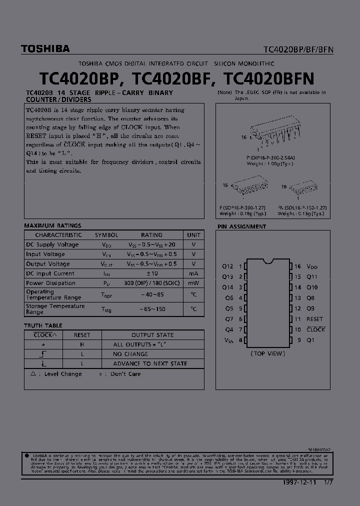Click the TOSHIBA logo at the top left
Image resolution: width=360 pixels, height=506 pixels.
(x=45, y=49)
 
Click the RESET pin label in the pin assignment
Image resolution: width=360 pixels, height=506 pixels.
(x=314, y=319)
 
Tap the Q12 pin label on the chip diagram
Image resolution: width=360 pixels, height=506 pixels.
(x=227, y=266)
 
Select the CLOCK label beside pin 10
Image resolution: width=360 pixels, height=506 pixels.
(x=315, y=329)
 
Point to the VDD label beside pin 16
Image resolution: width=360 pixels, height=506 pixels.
(x=312, y=267)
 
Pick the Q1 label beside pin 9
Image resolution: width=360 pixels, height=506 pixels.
(x=310, y=340)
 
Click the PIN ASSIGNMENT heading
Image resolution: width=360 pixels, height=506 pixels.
(x=241, y=226)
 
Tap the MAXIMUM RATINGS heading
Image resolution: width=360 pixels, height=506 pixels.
(x=52, y=225)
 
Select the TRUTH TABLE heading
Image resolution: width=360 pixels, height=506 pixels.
(x=43, y=325)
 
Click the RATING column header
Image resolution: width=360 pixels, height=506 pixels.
(x=151, y=235)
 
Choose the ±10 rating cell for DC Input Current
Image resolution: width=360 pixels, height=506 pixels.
(x=151, y=273)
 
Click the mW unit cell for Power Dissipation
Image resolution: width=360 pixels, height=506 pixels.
(x=193, y=283)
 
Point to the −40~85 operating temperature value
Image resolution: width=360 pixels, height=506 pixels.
(x=152, y=295)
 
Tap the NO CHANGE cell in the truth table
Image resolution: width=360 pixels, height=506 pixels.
(x=130, y=354)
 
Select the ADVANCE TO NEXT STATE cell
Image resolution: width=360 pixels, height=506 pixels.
(x=150, y=364)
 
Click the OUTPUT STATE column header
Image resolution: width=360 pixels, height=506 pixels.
(x=152, y=335)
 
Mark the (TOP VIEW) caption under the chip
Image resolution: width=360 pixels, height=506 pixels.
(x=267, y=353)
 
